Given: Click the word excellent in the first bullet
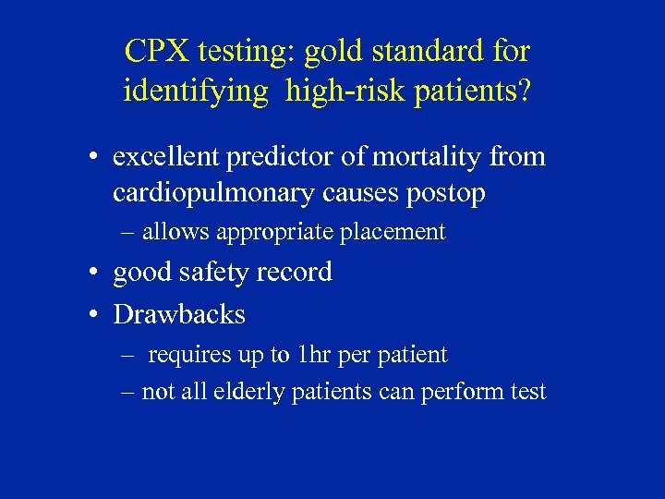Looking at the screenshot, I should coord(158,157).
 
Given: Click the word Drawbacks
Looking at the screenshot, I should coord(178,314).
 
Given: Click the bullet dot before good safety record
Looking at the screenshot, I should coord(95,274).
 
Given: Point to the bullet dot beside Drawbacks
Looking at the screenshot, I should coord(95,315).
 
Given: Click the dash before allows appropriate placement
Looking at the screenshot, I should coord(128,232).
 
